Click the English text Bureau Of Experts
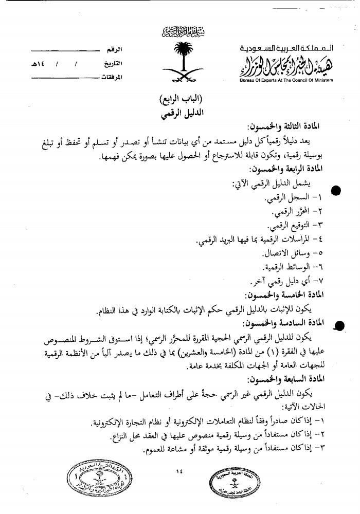[x=285, y=81]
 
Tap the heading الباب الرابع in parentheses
[x=181, y=99]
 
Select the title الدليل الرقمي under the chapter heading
[x=181, y=114]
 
